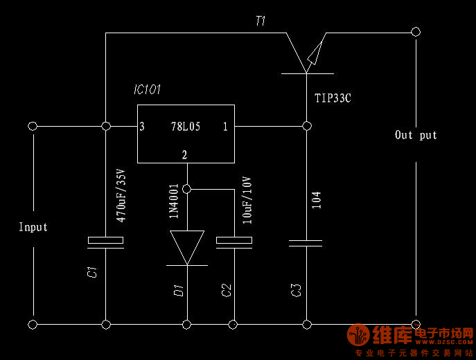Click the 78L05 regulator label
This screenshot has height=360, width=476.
click(186, 127)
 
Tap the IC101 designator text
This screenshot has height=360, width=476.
click(148, 91)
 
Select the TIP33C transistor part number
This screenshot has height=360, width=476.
click(333, 98)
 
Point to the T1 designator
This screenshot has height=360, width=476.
click(260, 21)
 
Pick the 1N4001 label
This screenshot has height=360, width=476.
click(175, 201)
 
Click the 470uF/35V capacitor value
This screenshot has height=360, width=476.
click(121, 195)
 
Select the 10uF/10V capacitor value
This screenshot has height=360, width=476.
click(247, 199)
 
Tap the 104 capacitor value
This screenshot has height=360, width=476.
click(316, 201)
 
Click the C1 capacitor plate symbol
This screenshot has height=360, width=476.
click(105, 241)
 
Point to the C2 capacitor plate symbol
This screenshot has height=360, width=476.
click(233, 242)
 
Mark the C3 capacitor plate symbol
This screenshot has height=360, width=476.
click(306, 242)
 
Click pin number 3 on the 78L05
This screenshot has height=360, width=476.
click(142, 127)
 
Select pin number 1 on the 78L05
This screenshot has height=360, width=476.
click(225, 127)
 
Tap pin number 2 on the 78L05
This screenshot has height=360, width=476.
click(185, 154)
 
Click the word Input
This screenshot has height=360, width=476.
click(33, 227)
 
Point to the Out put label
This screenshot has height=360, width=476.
click(416, 135)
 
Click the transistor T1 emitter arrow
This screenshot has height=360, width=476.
click(315, 52)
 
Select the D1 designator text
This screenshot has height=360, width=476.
click(178, 289)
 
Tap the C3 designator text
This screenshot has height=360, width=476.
click(297, 290)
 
